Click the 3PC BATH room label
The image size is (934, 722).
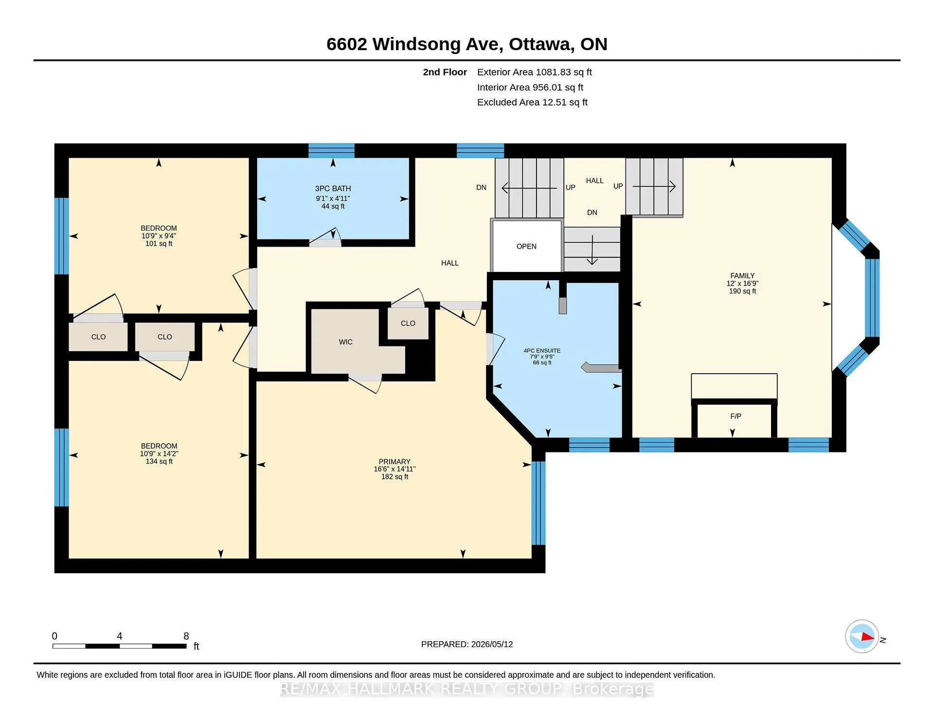[x=333, y=188]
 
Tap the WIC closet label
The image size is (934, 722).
[x=346, y=342]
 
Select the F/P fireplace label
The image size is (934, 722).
[x=736, y=416]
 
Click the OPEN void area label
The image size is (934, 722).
[x=526, y=246]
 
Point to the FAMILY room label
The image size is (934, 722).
[x=742, y=275]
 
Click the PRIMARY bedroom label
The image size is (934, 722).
[x=395, y=461]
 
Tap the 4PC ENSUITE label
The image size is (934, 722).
[x=542, y=350]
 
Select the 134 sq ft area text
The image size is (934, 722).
[x=159, y=461]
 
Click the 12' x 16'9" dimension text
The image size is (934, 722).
[x=742, y=283]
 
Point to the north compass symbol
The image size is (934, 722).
[x=862, y=636]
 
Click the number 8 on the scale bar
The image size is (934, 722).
[x=186, y=636]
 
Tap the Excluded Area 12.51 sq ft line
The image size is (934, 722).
[x=532, y=102]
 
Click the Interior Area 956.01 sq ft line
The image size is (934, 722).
[x=530, y=87]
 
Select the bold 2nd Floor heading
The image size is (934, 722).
[x=445, y=72]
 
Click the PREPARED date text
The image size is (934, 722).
[x=467, y=644]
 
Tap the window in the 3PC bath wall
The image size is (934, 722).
[x=331, y=150]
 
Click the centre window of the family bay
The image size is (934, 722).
[x=872, y=298]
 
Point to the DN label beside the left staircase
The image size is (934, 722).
[x=481, y=187]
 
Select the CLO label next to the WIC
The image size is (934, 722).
[x=408, y=323]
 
